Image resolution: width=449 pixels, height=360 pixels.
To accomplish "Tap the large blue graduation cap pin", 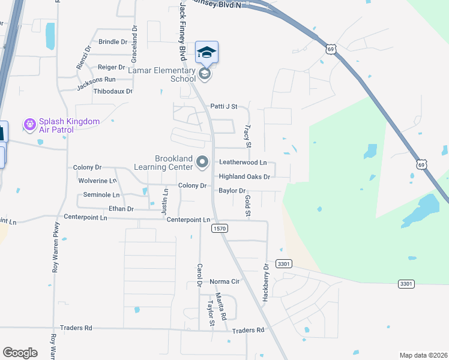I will pyautogui.click(x=206, y=52).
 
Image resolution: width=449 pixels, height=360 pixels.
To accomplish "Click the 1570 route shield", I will pyautogui.click(x=220, y=229).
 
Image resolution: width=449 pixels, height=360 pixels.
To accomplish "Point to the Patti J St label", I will pyautogui.click(x=224, y=106).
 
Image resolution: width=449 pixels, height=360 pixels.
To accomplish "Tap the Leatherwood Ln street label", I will pyautogui.click(x=243, y=163).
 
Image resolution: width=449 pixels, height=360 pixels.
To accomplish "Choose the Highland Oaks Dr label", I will pyautogui.click(x=244, y=177).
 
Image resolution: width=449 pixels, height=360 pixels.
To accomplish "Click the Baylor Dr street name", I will pyautogui.click(x=233, y=191).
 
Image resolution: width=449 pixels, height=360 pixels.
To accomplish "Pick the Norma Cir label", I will pyautogui.click(x=224, y=281).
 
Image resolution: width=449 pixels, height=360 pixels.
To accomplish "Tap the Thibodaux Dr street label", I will pyautogui.click(x=113, y=91).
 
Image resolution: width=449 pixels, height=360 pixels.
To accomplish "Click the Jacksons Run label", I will pyautogui.click(x=96, y=79).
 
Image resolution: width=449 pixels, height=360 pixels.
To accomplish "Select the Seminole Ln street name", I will pyautogui.click(x=101, y=195).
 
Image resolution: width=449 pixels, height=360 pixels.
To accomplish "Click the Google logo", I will pyautogui.click(x=20, y=353).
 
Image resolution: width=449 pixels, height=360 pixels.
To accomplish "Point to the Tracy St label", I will pyautogui.click(x=247, y=136).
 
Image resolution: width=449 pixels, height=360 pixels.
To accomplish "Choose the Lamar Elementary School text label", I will pyautogui.click(x=162, y=74).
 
